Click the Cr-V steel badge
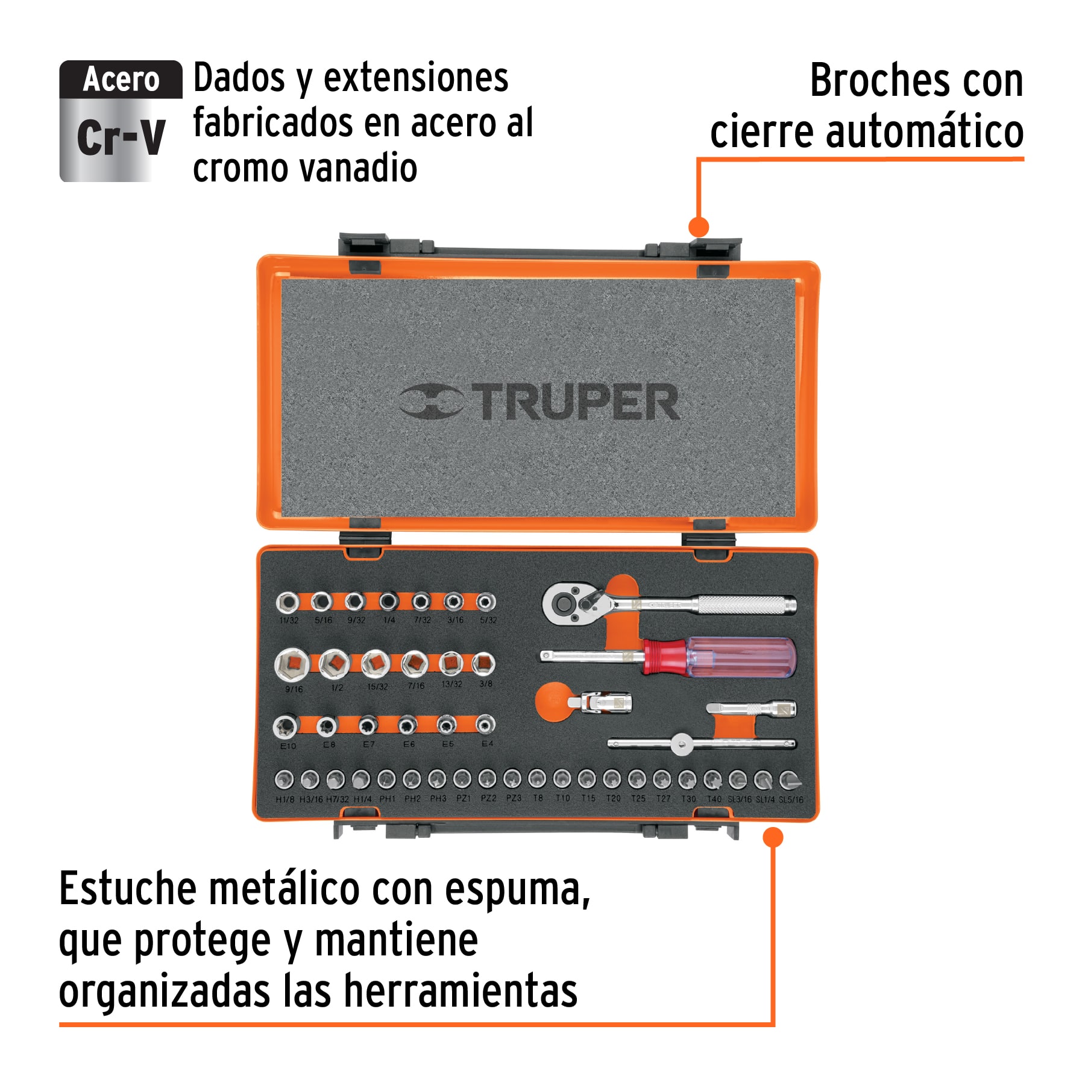point(121,121)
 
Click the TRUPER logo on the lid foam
point(539,402)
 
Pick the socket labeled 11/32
point(288,602)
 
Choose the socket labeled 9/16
point(292,665)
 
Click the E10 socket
point(286,726)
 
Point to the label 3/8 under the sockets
point(486,684)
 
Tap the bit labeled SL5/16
point(789,781)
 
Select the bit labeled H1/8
point(285,779)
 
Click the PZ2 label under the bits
point(488,798)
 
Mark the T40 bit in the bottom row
point(713,780)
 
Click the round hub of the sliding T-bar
point(681,744)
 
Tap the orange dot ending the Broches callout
point(698,227)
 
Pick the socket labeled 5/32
point(485,602)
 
